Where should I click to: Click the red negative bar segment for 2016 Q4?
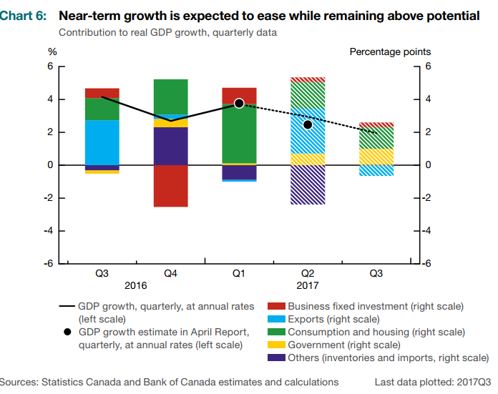point(171,186)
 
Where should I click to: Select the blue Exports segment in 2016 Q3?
point(102,142)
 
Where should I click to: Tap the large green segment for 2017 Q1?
point(240,134)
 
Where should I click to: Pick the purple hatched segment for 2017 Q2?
point(308,184)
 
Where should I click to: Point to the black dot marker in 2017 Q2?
point(308,124)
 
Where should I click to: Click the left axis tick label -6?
point(49,264)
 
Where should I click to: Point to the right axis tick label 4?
point(428,99)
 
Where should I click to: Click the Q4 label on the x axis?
point(171,274)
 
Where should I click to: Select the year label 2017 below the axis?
point(308,286)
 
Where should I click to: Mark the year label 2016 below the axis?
point(136,286)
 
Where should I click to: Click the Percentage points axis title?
point(390,51)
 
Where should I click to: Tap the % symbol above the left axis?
point(52,51)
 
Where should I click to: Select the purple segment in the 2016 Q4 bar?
point(171,146)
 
